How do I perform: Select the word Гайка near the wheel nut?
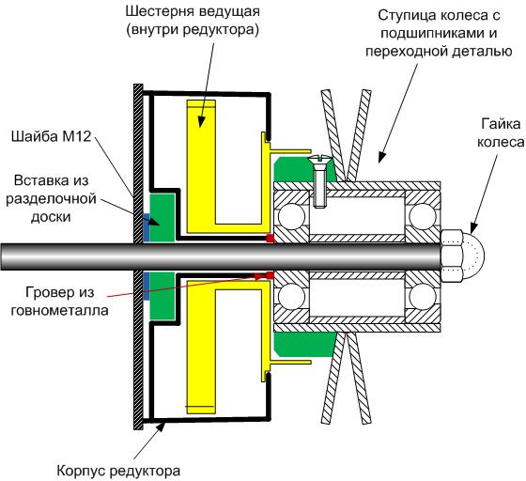coord(501,124)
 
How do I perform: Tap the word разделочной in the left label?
coord(51,199)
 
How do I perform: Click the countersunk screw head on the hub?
coord(319,158)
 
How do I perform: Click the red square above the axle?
coord(271,239)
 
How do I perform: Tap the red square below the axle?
coord(271,275)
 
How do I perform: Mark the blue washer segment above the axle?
coord(147,227)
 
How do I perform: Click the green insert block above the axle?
coord(162,217)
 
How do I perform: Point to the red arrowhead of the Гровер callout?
coord(259,277)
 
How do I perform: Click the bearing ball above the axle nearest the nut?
coord(422,217)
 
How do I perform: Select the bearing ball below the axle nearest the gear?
coord(291,297)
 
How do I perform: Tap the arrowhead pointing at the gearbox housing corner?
coord(162,427)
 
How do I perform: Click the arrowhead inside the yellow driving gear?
coord(201,122)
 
